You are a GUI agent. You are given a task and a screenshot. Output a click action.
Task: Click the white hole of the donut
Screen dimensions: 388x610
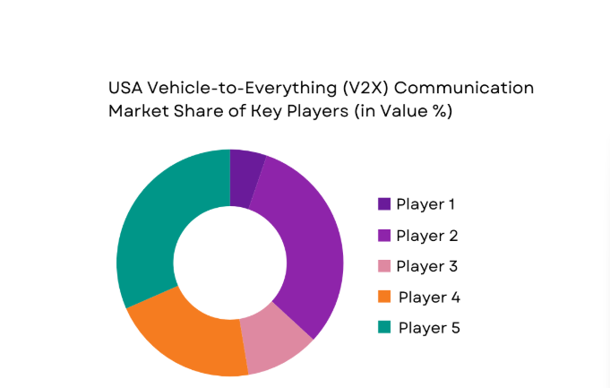tap(230, 263)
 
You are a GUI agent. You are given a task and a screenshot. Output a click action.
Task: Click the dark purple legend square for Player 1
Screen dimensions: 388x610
tap(384, 204)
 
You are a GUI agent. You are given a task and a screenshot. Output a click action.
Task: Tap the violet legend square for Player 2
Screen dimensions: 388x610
tap(384, 235)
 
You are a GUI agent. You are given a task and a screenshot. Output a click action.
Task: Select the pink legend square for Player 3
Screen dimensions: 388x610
tap(384, 266)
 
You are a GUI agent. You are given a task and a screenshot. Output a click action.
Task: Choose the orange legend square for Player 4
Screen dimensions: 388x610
tap(384, 297)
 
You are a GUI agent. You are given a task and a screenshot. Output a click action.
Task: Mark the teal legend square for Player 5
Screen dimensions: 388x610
tap(384, 328)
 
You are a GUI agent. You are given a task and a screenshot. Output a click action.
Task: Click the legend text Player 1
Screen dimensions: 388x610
tap(426, 204)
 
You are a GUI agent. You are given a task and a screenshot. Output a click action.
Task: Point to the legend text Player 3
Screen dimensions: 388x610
tap(426, 266)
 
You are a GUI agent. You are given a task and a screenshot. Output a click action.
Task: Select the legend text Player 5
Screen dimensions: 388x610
tap(429, 328)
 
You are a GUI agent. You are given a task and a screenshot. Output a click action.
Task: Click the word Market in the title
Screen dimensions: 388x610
tap(135, 112)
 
